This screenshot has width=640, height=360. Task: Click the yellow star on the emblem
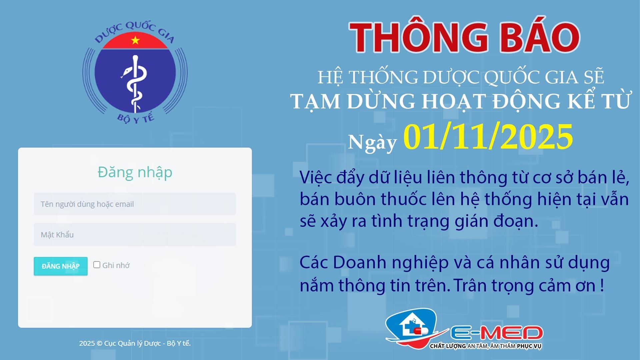coord(135,40)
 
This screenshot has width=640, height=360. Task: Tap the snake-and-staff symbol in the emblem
coord(135,83)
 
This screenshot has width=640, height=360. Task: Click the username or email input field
coord(135,204)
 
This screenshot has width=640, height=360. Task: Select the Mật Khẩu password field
coord(135,235)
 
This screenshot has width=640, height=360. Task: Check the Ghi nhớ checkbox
coord(97,265)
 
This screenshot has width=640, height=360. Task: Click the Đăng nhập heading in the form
coord(135,172)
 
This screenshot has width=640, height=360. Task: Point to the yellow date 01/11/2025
coord(488,137)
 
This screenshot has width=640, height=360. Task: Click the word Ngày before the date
coord(372,143)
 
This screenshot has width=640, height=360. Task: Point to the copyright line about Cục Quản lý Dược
coord(135,343)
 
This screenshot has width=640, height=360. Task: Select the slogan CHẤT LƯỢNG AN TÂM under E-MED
coord(485,346)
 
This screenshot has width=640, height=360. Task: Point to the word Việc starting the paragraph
coord(315,177)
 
